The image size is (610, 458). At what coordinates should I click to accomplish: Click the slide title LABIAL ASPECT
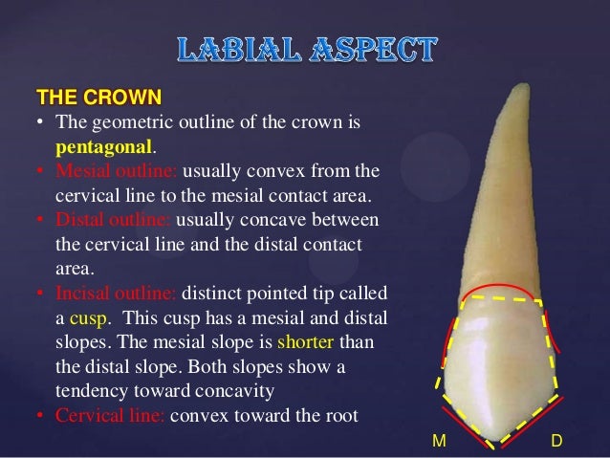click(306, 52)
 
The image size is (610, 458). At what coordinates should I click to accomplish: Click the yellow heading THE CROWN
click(98, 98)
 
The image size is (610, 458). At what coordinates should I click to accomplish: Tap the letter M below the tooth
click(439, 441)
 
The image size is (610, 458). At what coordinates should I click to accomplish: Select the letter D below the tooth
click(556, 441)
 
